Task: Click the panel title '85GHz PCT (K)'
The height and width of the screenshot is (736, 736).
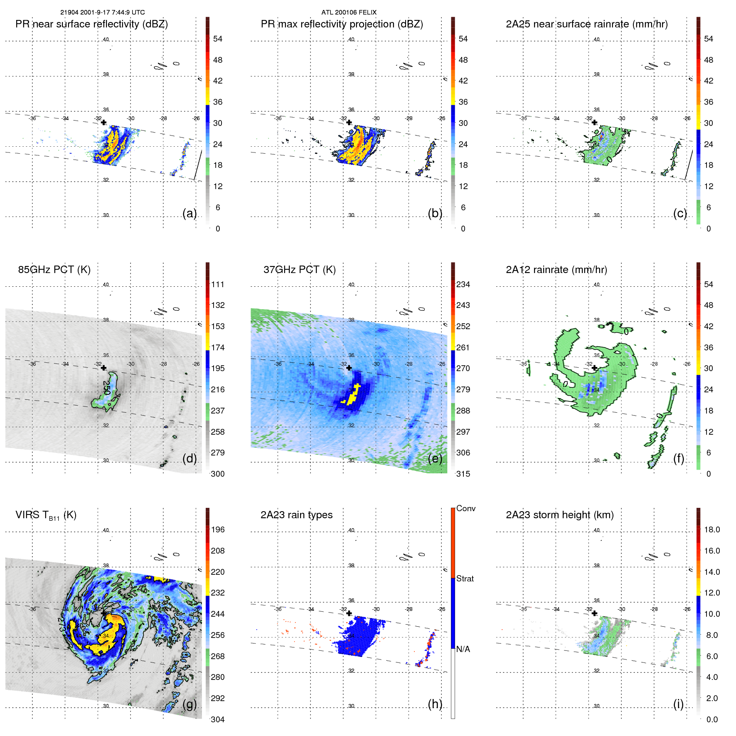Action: [54, 270]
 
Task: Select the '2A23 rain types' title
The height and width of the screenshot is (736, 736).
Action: [296, 515]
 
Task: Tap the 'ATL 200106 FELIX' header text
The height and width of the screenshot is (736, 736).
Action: [349, 12]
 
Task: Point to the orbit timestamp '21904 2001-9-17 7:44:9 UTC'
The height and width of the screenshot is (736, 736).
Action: [103, 12]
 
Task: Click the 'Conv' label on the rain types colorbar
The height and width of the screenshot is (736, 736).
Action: [465, 509]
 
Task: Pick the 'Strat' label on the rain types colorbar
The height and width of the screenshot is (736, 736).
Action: [465, 578]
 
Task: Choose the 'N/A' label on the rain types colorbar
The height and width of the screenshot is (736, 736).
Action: [463, 649]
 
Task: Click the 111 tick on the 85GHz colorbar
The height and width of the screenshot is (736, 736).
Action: [218, 285]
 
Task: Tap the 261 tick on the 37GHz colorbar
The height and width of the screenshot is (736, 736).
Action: [463, 347]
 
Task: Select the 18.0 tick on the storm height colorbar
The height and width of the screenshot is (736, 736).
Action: [712, 530]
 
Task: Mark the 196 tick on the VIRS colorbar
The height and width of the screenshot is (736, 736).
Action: [218, 530]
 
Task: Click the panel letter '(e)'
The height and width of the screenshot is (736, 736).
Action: [435, 458]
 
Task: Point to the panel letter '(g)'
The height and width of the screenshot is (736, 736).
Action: [190, 704]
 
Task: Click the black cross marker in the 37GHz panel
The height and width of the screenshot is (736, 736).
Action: [349, 368]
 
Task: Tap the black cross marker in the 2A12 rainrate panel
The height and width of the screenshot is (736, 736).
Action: [594, 368]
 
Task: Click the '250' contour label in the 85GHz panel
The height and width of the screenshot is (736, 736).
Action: [106, 387]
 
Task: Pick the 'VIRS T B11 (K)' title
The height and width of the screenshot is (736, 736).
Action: [46, 515]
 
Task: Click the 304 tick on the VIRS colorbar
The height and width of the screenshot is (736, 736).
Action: [218, 719]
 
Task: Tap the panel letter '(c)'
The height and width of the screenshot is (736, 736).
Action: [680, 213]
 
